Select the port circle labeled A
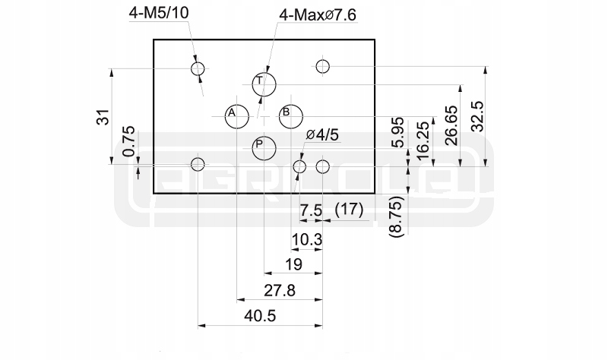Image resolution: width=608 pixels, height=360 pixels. click(x=236, y=115)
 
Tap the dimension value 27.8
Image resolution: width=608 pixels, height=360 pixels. click(x=279, y=290)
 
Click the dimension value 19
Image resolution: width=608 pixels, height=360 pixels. click(x=293, y=264)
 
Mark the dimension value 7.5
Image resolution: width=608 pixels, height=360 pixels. click(x=311, y=209)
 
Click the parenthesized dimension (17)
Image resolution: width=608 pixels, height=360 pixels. click(x=350, y=209)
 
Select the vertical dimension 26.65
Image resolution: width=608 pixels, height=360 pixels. click(x=451, y=121)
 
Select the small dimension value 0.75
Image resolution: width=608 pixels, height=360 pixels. click(x=130, y=142)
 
